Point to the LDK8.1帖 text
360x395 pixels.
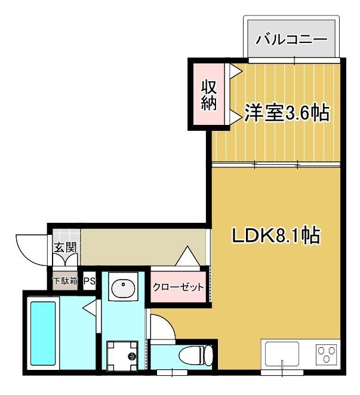[x=276, y=235]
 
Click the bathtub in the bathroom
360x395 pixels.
[x=42, y=335]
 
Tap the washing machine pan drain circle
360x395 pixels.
[x=132, y=357]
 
